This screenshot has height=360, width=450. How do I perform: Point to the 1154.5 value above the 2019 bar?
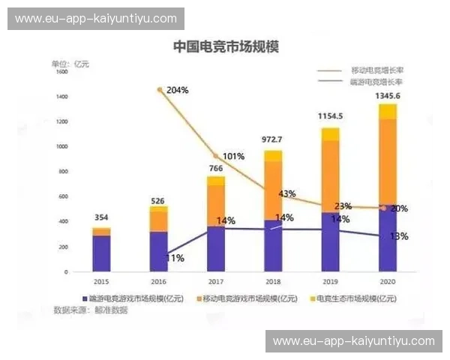tap(330, 116)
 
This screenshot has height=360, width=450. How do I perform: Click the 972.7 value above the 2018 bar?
tap(272, 139)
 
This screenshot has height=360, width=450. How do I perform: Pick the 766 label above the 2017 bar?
tap(216, 169)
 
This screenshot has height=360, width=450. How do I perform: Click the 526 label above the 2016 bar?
tap(158, 200)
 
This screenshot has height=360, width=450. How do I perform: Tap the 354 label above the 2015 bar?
tap(101, 218)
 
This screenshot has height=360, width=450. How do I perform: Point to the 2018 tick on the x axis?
tap(273, 282)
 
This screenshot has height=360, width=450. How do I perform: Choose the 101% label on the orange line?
tap(233, 157)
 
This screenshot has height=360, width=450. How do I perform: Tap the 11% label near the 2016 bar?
tap(175, 257)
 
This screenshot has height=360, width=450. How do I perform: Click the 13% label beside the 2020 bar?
tap(399, 236)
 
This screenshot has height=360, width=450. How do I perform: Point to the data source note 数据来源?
tap(90, 310)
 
